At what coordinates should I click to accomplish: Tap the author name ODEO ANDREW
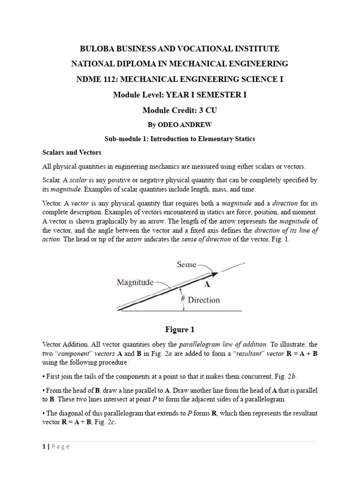tap(188, 125)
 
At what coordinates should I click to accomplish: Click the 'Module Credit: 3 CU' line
tap(180, 110)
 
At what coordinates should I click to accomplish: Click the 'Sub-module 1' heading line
tap(180, 139)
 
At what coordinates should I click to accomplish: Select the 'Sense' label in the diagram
tap(187, 264)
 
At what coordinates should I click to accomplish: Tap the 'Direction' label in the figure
tap(204, 300)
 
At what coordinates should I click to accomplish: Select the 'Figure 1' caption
tap(180, 330)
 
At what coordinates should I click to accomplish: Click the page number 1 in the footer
tap(43, 447)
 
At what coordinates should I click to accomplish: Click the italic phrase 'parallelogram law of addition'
tap(215, 344)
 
